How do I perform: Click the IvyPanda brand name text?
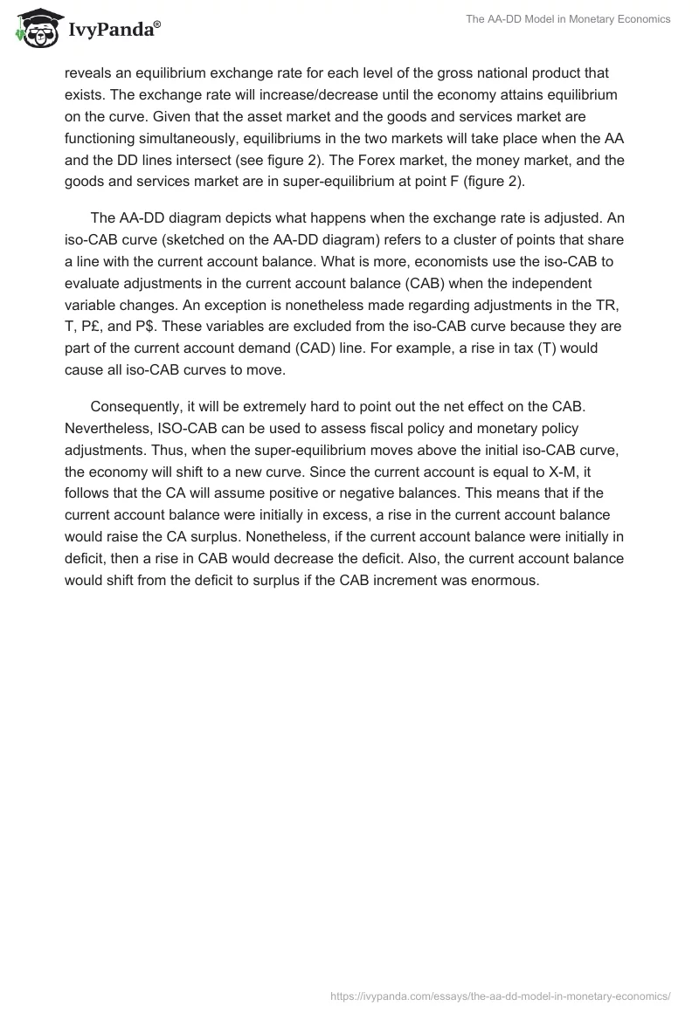click(x=114, y=30)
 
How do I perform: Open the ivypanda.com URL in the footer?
click(x=501, y=995)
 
